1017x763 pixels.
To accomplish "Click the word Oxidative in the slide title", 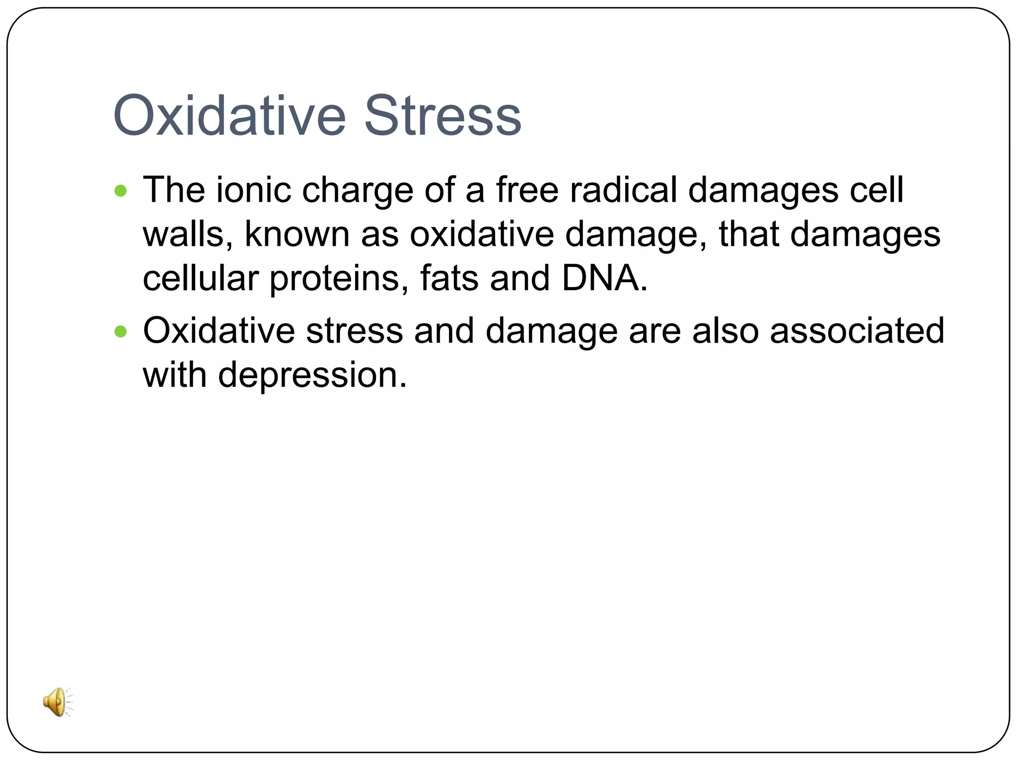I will pyautogui.click(x=229, y=116).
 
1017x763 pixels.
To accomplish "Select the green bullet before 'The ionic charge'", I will pyautogui.click(x=121, y=191).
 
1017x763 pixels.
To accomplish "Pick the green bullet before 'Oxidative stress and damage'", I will pyautogui.click(x=121, y=331).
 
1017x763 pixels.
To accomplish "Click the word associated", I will pyautogui.click(x=857, y=331).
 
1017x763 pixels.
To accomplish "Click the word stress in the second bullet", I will pyautogui.click(x=354, y=331).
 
